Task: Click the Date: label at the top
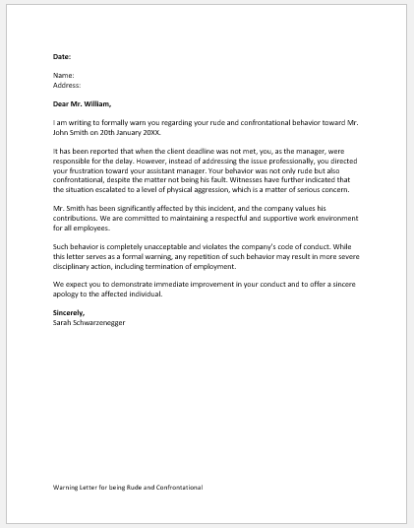tap(62, 57)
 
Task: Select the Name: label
tap(63, 75)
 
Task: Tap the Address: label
tap(67, 84)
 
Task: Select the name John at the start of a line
tap(62, 130)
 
